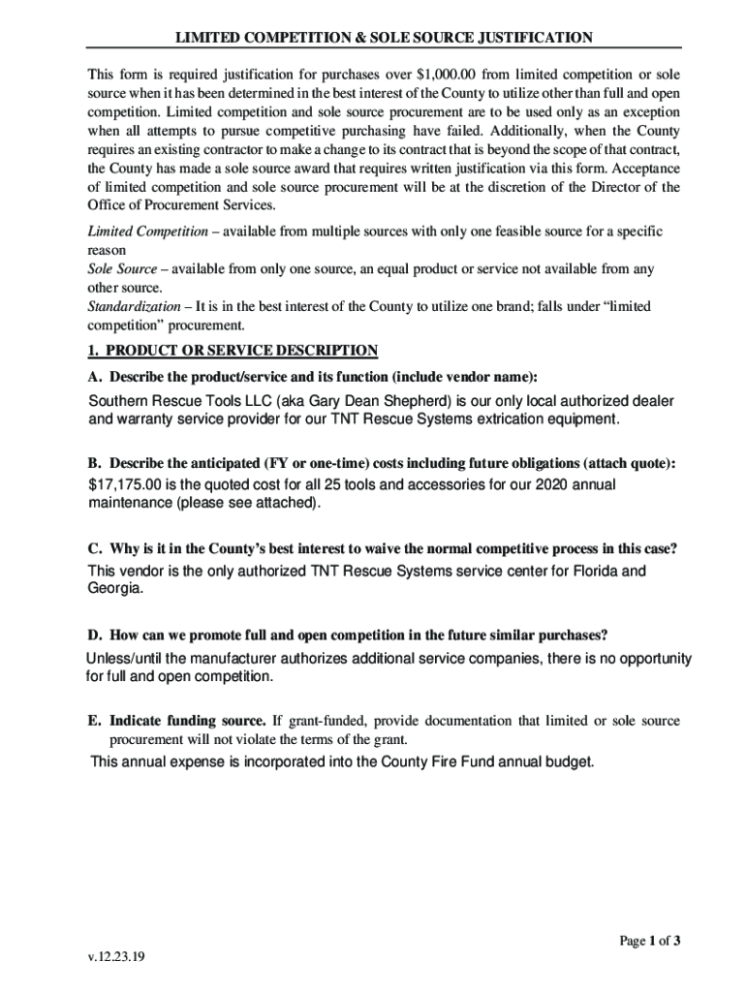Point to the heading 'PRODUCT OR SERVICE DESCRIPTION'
pos(241,350)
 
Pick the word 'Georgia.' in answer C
pos(115,588)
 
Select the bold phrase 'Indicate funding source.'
pos(188,722)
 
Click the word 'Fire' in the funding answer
pos(441,762)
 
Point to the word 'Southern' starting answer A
pos(119,401)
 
